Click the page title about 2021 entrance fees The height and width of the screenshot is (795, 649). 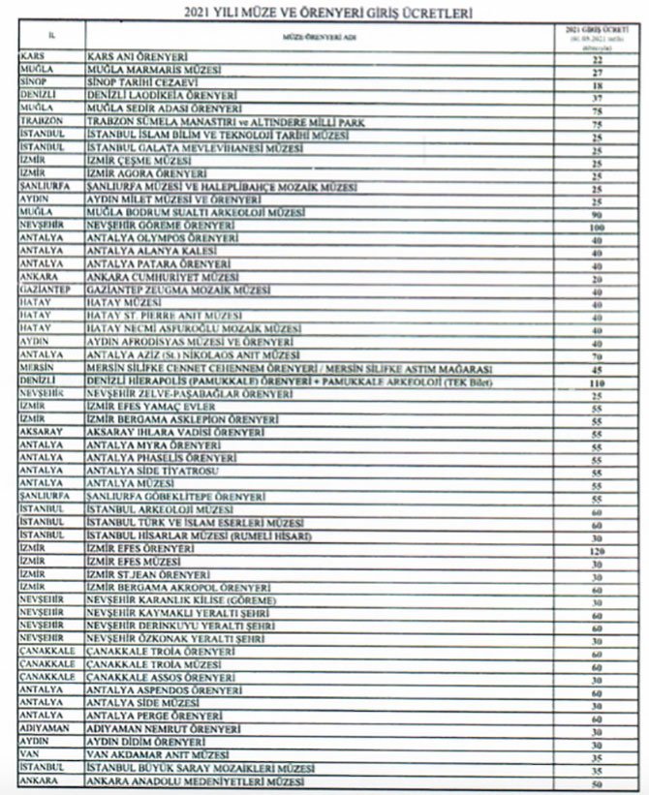point(324,12)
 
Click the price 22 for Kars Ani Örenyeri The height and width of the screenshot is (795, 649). point(597,59)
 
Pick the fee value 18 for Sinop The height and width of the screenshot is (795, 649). point(597,85)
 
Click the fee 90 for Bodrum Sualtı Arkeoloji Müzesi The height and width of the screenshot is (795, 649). point(597,213)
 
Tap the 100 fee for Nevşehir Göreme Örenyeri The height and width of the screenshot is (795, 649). point(597,226)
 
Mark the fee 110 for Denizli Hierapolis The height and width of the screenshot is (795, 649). point(597,382)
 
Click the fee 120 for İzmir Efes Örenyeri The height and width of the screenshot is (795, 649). point(597,549)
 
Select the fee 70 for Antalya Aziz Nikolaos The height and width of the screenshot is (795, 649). point(597,355)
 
